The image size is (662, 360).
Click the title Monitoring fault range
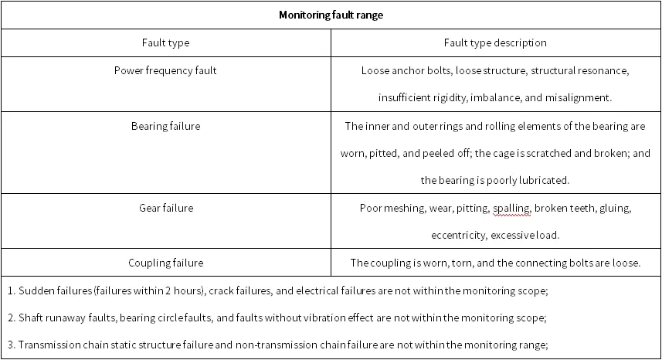point(331,15)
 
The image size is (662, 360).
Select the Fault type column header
point(165,43)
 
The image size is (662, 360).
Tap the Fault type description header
point(495,42)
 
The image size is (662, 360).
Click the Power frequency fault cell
point(165,70)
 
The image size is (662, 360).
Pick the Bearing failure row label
point(165,126)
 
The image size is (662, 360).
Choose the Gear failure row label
point(166,208)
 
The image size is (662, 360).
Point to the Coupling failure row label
point(165,263)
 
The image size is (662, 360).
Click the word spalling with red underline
point(511,209)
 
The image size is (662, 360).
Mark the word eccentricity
point(458,236)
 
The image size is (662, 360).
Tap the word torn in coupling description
point(462,263)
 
